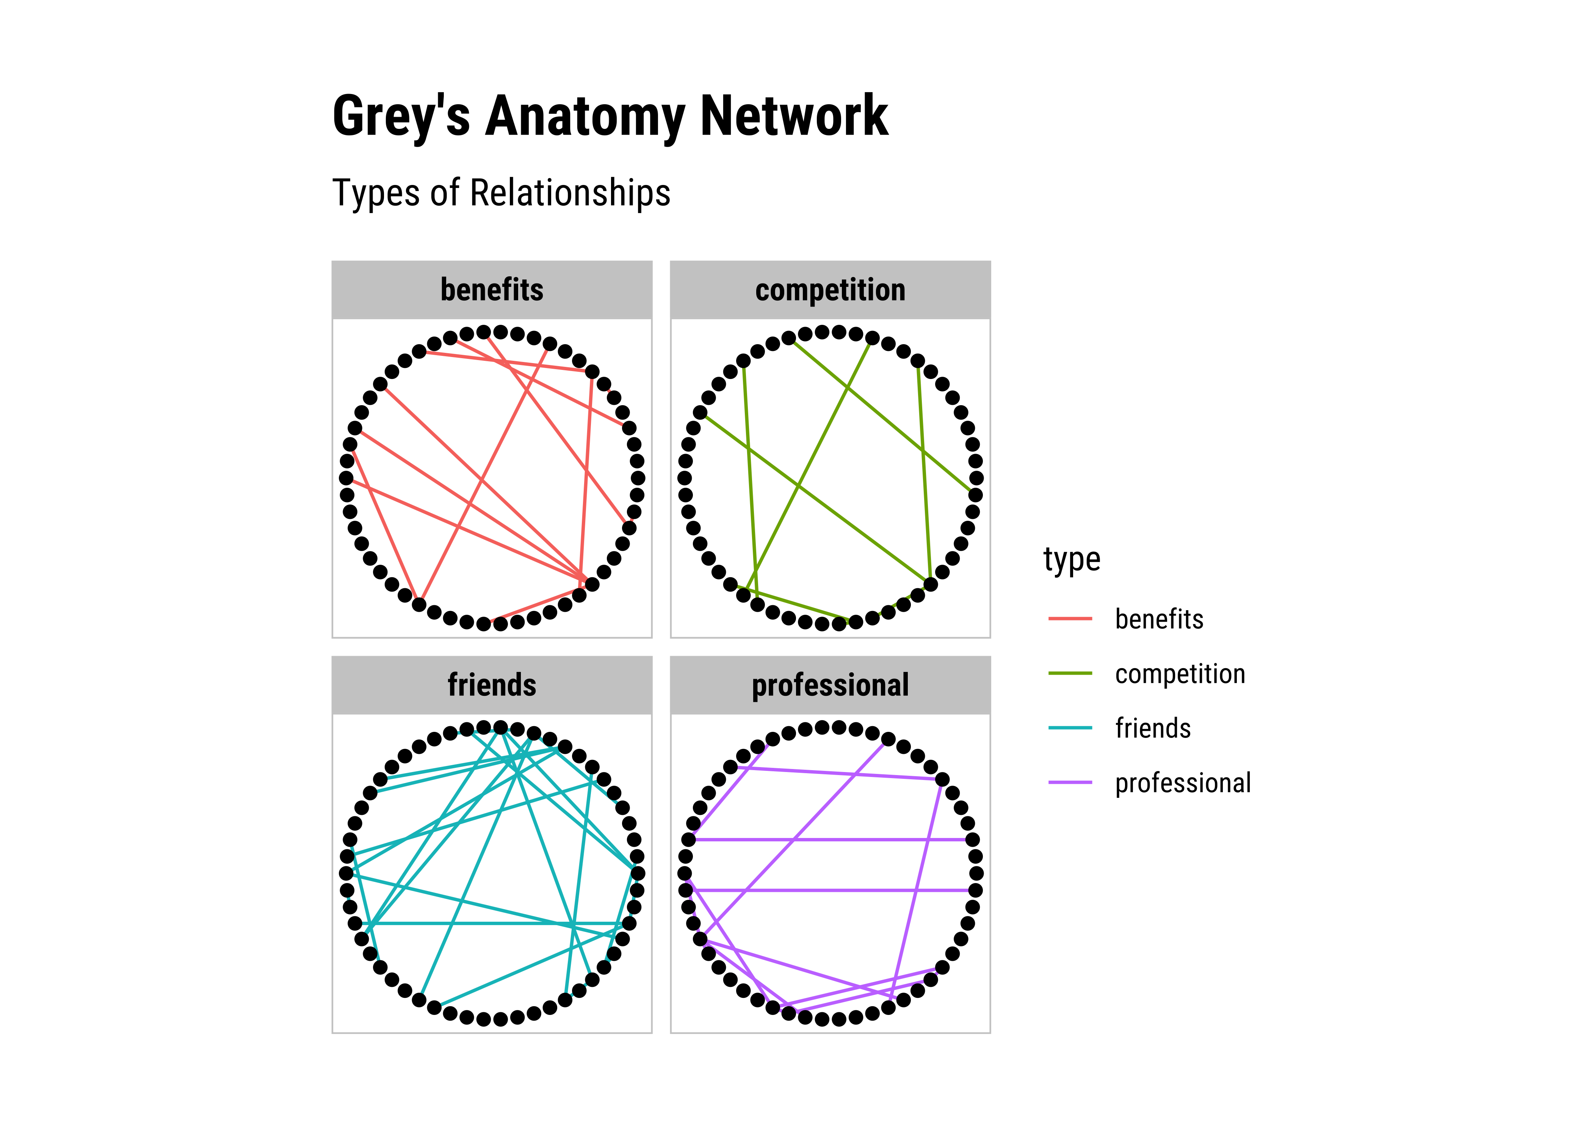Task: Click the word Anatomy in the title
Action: [584, 116]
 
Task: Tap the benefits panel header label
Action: [492, 290]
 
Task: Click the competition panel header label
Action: [830, 290]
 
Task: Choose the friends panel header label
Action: [492, 685]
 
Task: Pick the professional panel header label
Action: [830, 685]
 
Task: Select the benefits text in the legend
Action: [1159, 619]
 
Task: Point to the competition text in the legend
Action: [1180, 673]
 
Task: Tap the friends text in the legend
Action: [1152, 728]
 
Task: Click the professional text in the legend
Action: [1183, 783]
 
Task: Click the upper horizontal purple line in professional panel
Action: [830, 839]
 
